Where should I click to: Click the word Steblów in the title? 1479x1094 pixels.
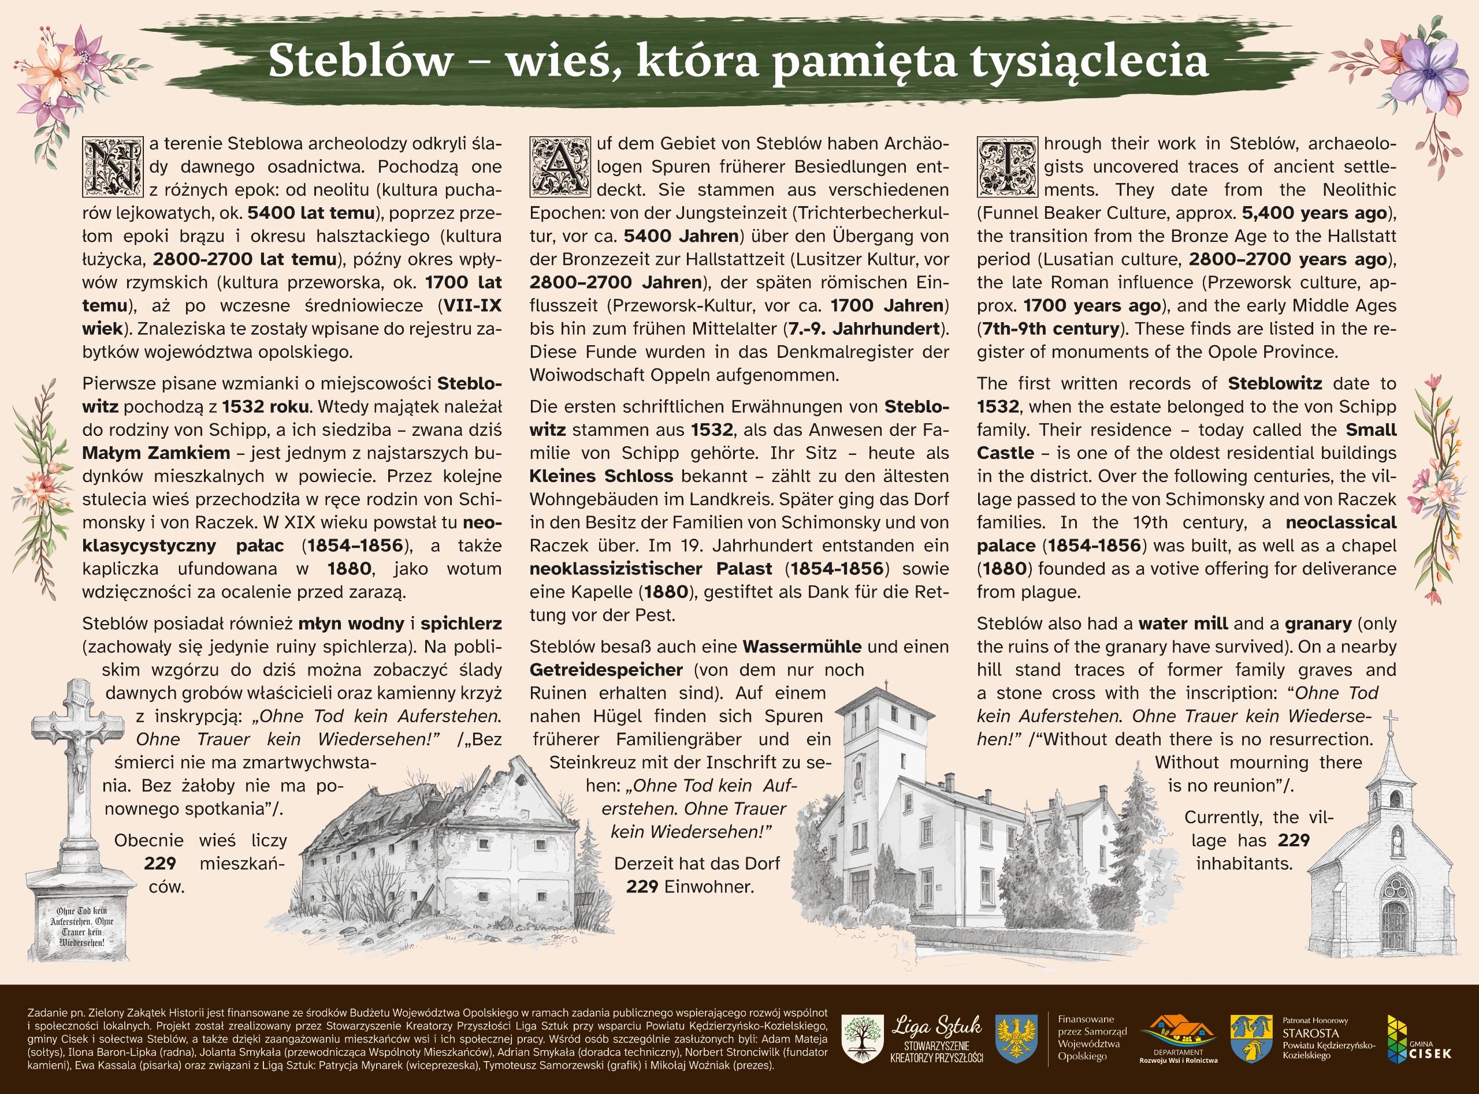tap(361, 61)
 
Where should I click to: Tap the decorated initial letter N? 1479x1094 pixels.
tap(112, 167)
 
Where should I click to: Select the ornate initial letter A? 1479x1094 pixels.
tap(560, 167)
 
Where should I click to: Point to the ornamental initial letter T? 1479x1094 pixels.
tap(1007, 167)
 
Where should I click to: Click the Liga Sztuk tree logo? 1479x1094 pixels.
tap(862, 1040)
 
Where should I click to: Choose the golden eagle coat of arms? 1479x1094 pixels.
tap(1016, 1040)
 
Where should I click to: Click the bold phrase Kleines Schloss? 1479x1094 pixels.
tap(601, 476)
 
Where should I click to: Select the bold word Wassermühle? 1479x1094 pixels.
tap(802, 647)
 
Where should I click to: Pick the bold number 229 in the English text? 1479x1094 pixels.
tap(1294, 841)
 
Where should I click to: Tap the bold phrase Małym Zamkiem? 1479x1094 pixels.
tap(157, 453)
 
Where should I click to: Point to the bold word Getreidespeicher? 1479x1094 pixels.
tap(605, 670)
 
